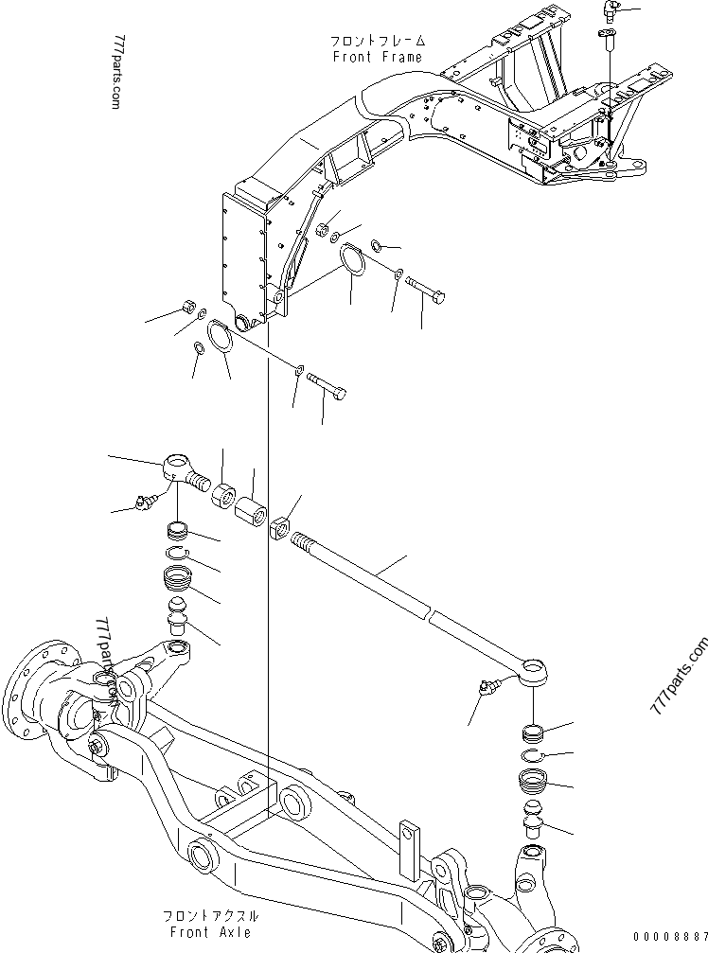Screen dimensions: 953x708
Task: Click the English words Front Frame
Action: pyautogui.click(x=378, y=57)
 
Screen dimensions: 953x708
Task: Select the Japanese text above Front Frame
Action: pyautogui.click(x=378, y=43)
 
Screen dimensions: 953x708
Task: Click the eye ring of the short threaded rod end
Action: pyautogui.click(x=176, y=466)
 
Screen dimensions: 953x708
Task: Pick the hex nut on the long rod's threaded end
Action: pyautogui.click(x=279, y=527)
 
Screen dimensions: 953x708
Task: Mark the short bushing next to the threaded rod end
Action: pyautogui.click(x=224, y=496)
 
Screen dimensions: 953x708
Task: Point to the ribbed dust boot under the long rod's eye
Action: pyautogui.click(x=535, y=784)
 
